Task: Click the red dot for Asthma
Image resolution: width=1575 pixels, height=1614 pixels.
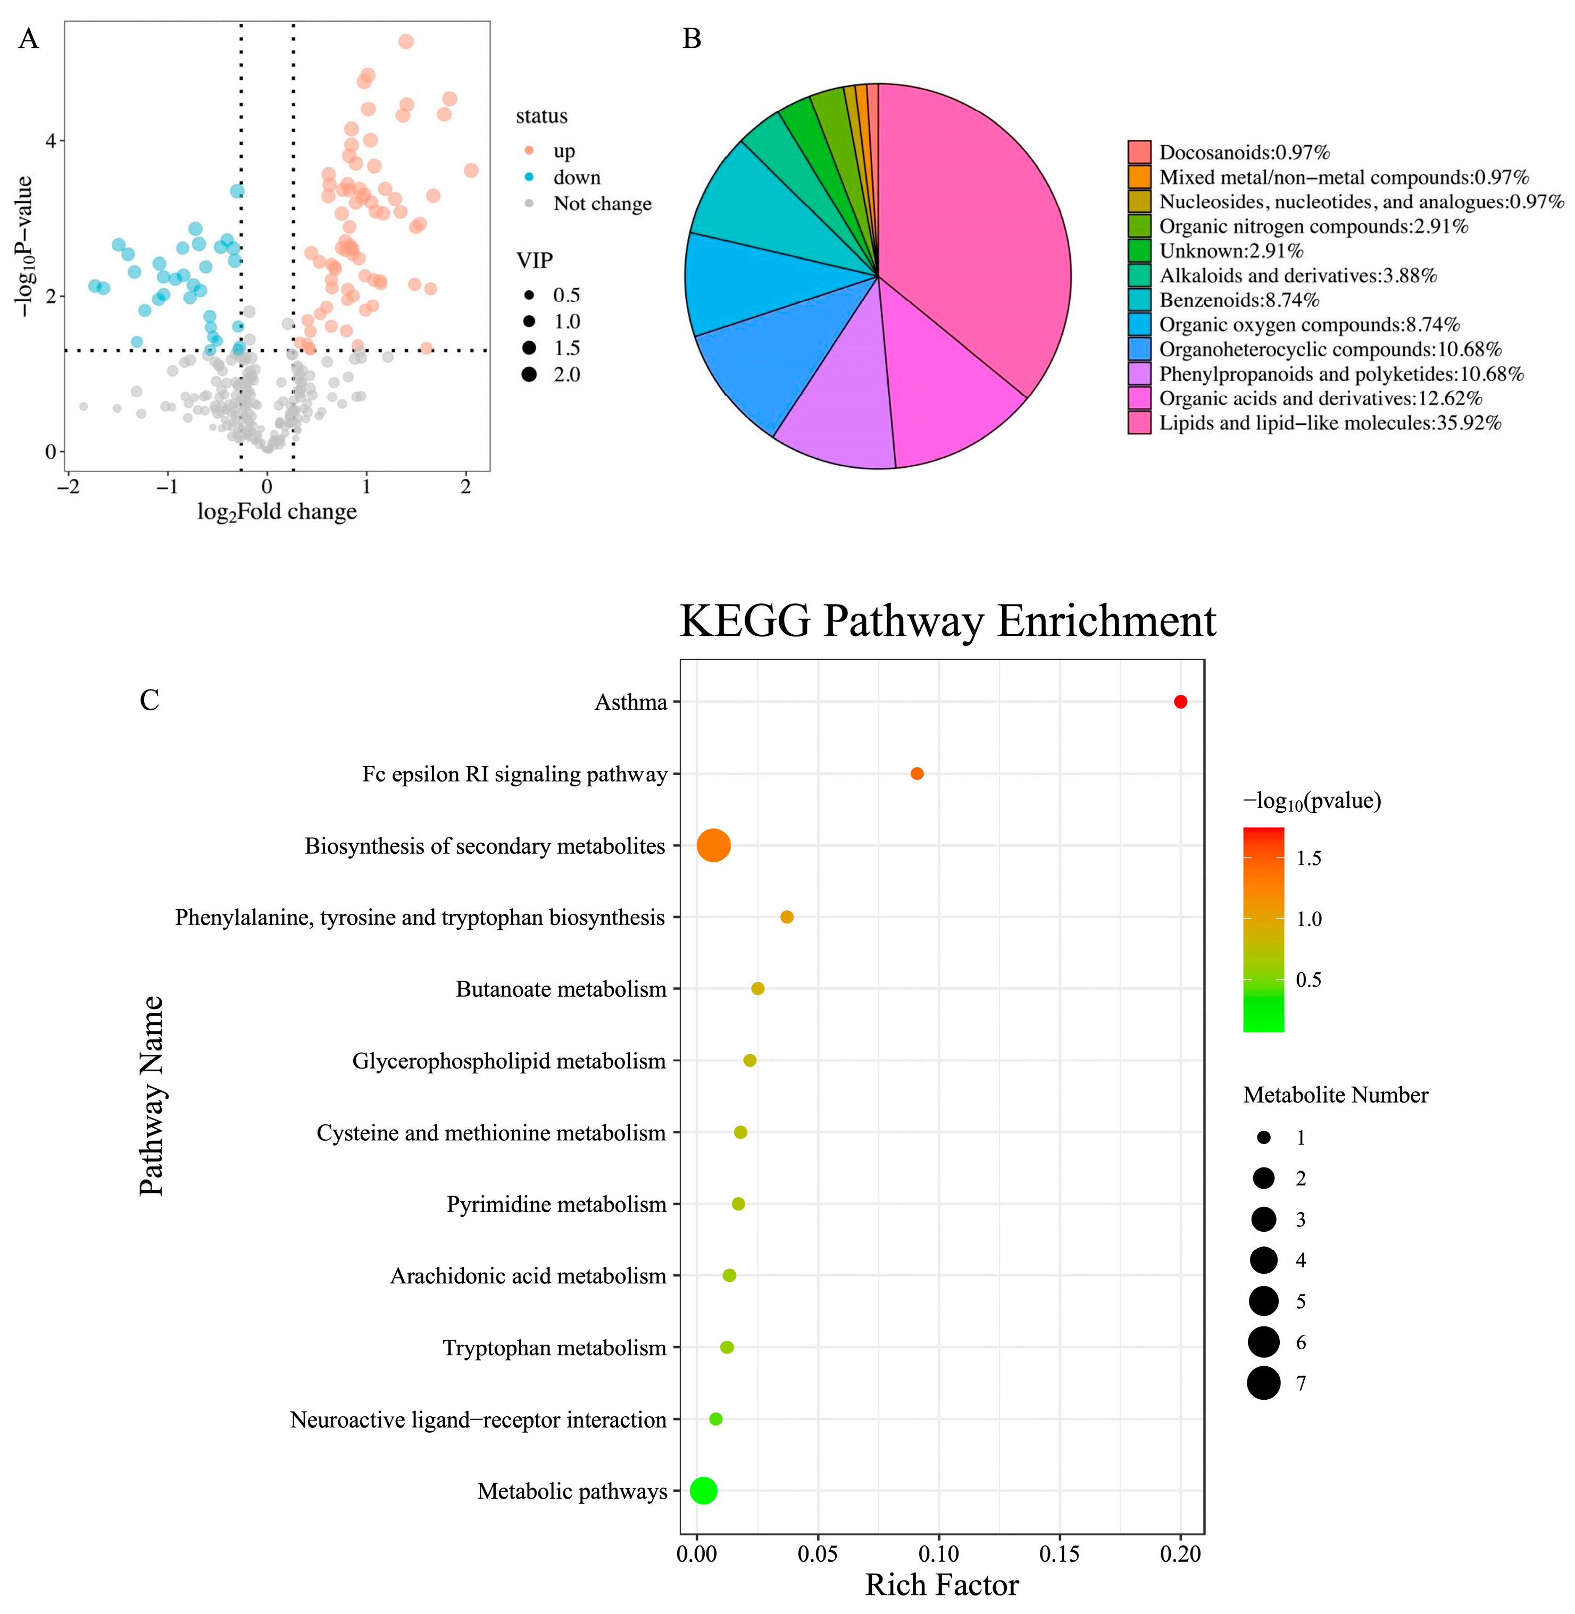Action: tap(1180, 702)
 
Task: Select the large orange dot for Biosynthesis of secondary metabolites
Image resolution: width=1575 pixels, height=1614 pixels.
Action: tap(714, 845)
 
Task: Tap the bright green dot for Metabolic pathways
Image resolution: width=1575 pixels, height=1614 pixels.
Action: tap(703, 1491)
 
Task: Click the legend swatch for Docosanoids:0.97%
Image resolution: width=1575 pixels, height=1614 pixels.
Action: tap(1139, 152)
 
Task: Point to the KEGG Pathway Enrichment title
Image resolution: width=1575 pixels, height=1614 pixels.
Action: tap(947, 621)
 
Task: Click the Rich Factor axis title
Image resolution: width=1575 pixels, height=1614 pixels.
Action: tap(941, 1585)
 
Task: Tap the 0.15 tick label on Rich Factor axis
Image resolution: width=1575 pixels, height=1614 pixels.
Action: tap(1060, 1554)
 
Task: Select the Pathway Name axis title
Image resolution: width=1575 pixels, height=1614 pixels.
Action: tap(152, 1096)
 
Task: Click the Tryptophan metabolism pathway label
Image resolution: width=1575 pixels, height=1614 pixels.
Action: tap(554, 1348)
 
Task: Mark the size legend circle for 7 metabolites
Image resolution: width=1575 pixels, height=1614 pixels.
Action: tap(1264, 1383)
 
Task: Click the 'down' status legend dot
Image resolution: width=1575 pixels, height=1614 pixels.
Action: tap(529, 177)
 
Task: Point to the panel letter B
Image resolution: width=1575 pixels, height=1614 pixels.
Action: tap(691, 39)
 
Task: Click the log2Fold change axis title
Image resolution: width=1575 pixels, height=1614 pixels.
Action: tap(277, 512)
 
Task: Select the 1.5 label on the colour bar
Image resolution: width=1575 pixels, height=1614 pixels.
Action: tap(1309, 858)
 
